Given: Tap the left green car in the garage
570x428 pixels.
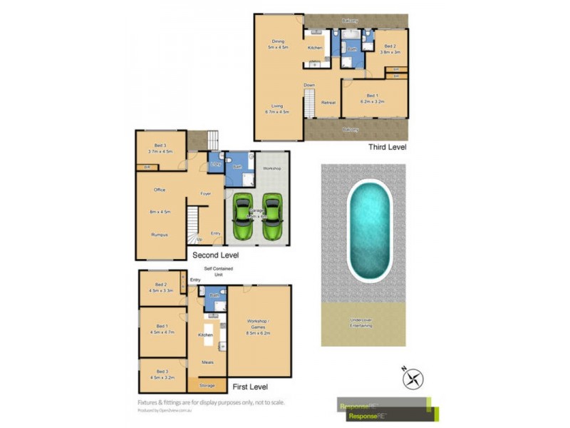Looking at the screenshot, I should click(x=243, y=217).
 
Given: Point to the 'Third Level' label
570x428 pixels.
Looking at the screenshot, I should click(x=387, y=147).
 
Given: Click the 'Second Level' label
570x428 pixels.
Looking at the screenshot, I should click(x=215, y=255).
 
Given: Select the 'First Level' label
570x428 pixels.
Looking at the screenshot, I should click(x=249, y=387).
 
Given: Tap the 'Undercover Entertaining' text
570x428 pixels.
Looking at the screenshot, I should click(x=363, y=322).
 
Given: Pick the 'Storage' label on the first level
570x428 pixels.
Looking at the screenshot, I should click(x=207, y=385).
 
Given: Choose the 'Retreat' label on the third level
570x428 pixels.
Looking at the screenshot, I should click(x=328, y=103).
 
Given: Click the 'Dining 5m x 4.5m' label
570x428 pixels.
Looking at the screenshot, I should click(x=278, y=44).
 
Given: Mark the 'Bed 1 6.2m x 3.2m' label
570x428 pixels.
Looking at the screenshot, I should click(x=375, y=98).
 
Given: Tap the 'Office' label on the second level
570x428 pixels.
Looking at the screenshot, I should click(x=160, y=190).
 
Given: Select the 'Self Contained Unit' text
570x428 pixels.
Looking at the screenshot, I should click(x=218, y=271).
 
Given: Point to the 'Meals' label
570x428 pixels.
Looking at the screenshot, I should click(x=207, y=363).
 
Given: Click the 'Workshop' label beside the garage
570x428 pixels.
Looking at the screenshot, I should click(x=271, y=168).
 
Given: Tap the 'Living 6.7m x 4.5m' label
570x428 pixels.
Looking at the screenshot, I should click(x=278, y=109).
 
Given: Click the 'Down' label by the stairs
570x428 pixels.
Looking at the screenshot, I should click(x=309, y=86).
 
